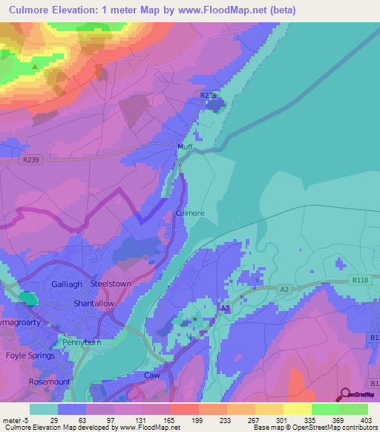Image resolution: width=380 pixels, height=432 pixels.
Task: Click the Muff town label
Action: pos(186,147)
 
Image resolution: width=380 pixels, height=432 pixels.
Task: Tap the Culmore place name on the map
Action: pos(190,213)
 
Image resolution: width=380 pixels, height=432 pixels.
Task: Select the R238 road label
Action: pos(210,96)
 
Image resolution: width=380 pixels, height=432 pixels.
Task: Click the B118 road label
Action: pos(360,280)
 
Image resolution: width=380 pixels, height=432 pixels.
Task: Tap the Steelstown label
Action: pos(110,284)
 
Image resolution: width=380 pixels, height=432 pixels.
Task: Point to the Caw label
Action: pos(152,376)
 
